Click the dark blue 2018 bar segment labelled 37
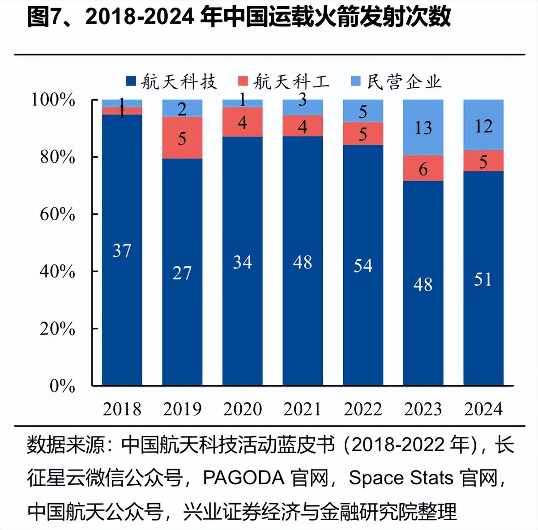122,250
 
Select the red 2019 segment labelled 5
182,138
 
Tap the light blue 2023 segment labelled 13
423,128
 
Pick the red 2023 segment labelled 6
423,168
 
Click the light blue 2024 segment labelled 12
483,125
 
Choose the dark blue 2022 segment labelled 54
363,265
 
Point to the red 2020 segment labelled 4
242,122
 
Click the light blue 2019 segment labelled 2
182,108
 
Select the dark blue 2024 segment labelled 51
483,278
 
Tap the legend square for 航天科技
131,81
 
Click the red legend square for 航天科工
243,81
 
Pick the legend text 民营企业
404,81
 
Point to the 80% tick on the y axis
58,157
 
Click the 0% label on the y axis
62,386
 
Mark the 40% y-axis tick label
58,271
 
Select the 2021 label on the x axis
303,409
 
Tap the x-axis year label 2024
483,409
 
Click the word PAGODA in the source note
243,478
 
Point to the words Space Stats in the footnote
401,478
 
